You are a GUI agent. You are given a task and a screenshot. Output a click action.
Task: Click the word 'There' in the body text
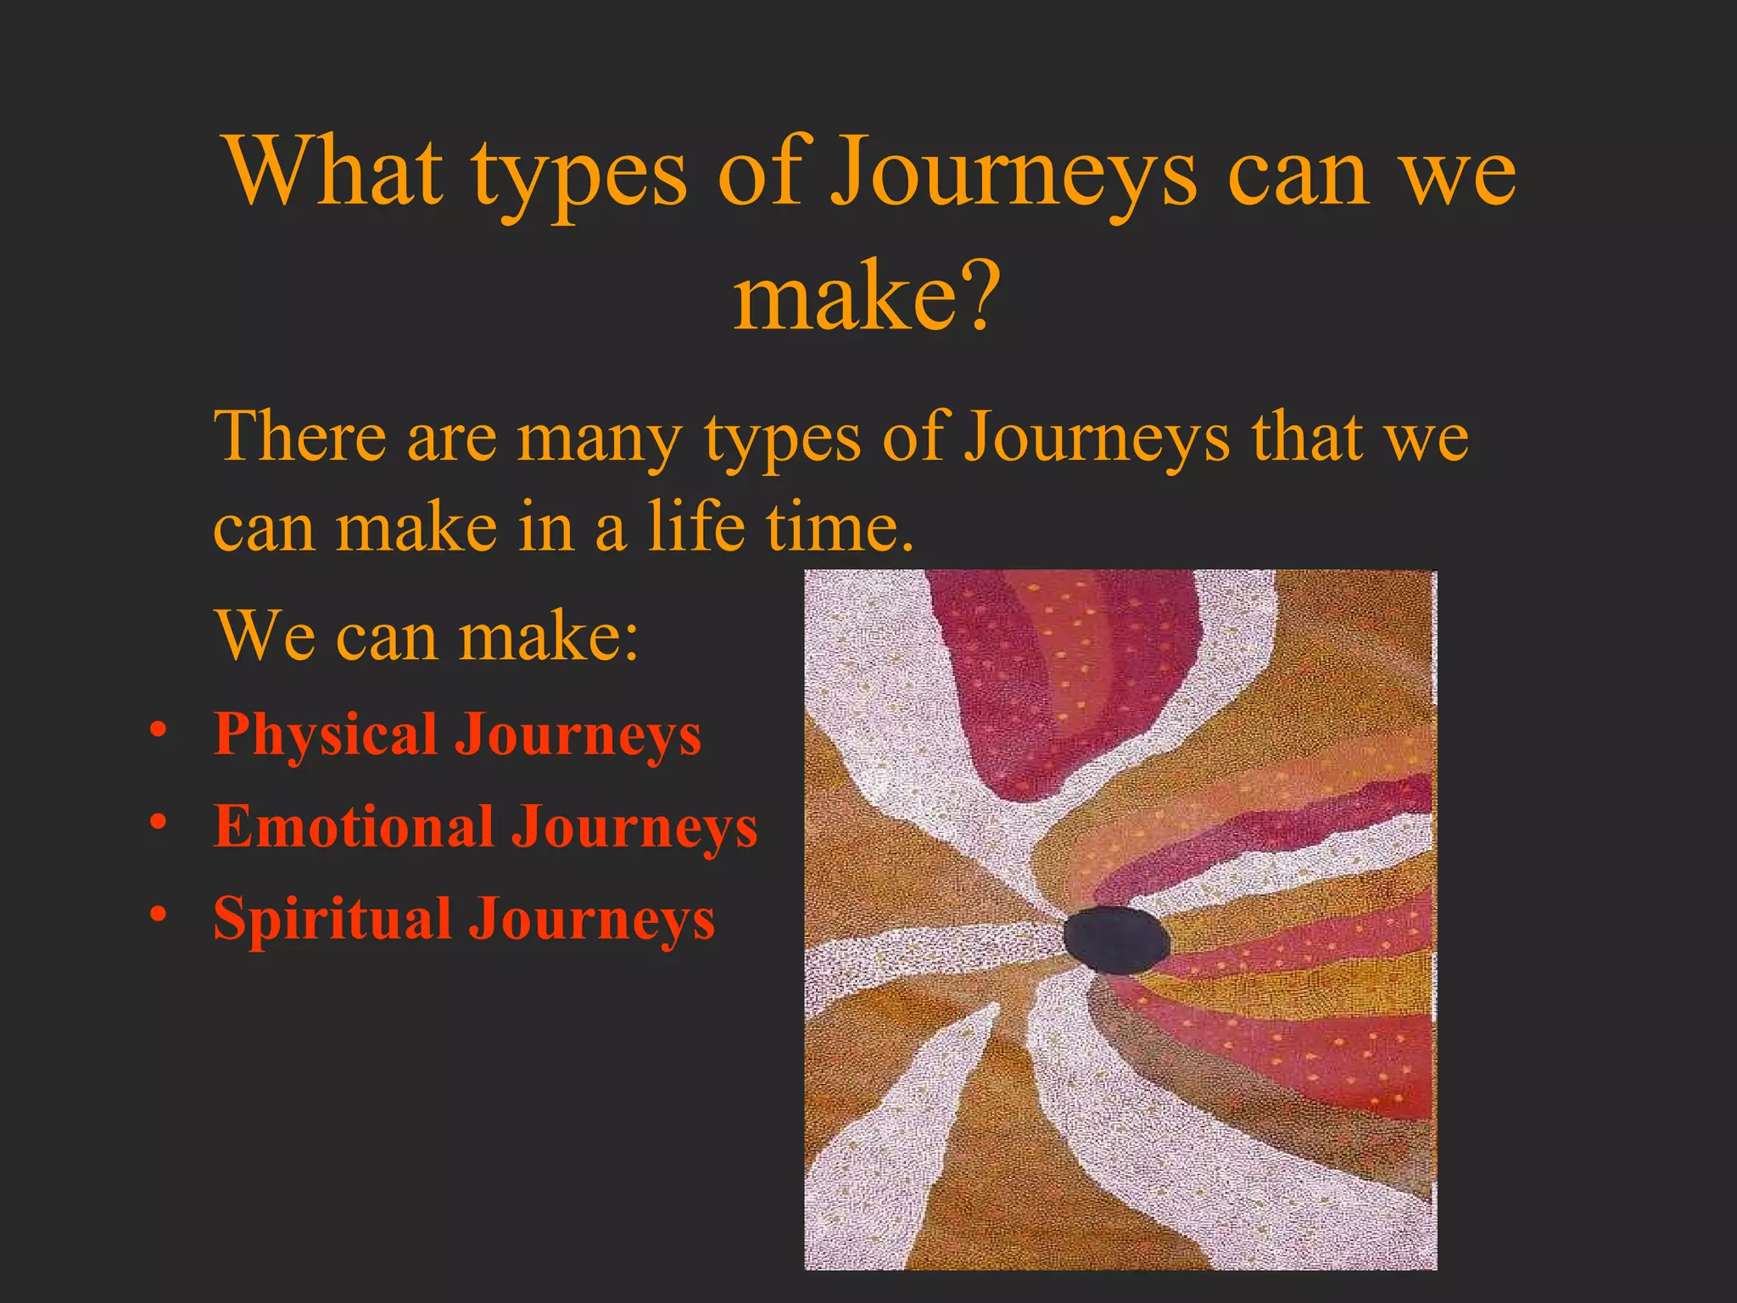click(299, 438)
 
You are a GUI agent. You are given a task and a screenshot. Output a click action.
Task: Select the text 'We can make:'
click(426, 636)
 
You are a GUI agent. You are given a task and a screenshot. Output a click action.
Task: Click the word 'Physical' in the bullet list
click(325, 735)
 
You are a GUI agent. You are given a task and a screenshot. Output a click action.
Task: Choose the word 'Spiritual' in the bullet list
click(332, 920)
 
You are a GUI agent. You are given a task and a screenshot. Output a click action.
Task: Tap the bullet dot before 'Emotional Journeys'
click(157, 822)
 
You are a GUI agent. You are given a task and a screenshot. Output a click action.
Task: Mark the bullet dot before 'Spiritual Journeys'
click(157, 914)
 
